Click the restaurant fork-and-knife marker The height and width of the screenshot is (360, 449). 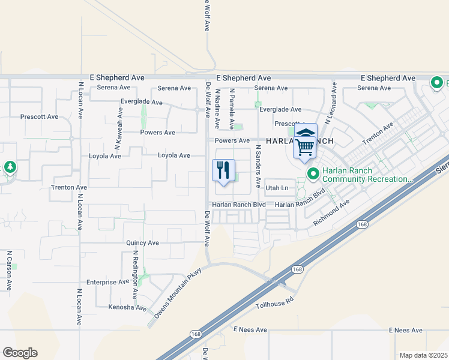pyautogui.click(x=223, y=171)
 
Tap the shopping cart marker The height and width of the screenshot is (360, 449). pyautogui.click(x=306, y=145)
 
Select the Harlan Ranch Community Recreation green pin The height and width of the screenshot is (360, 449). pyautogui.click(x=313, y=174)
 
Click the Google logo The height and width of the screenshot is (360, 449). pyautogui.click(x=20, y=353)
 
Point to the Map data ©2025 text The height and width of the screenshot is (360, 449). pyautogui.click(x=423, y=355)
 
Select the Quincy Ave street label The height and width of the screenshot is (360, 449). pyautogui.click(x=142, y=243)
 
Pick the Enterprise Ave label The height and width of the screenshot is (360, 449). pyautogui.click(x=107, y=281)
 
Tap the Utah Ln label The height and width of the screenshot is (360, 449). pyautogui.click(x=277, y=188)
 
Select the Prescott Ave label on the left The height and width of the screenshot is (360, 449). pyautogui.click(x=39, y=117)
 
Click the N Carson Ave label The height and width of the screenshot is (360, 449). pyautogui.click(x=9, y=271)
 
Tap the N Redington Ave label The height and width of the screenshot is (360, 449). pyautogui.click(x=136, y=274)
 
